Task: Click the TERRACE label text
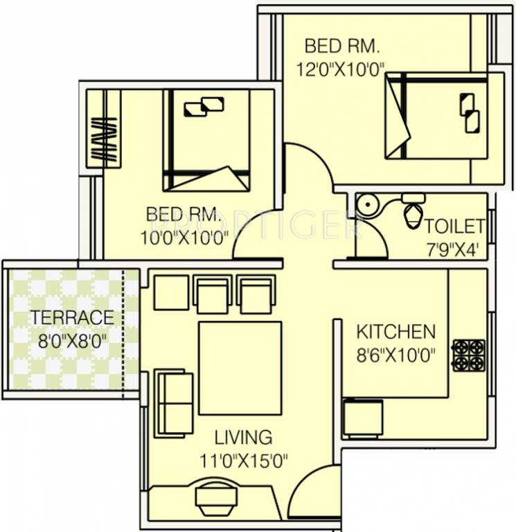(72, 318)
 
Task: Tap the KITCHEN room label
(395, 331)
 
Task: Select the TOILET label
(454, 226)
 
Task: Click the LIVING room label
(243, 437)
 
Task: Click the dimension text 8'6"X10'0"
(395, 355)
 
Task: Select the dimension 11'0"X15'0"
(243, 460)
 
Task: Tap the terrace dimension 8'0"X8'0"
(72, 340)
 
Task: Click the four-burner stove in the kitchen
(469, 355)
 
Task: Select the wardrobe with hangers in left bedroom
(103, 128)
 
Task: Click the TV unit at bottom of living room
(211, 498)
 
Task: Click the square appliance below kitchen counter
(363, 418)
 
